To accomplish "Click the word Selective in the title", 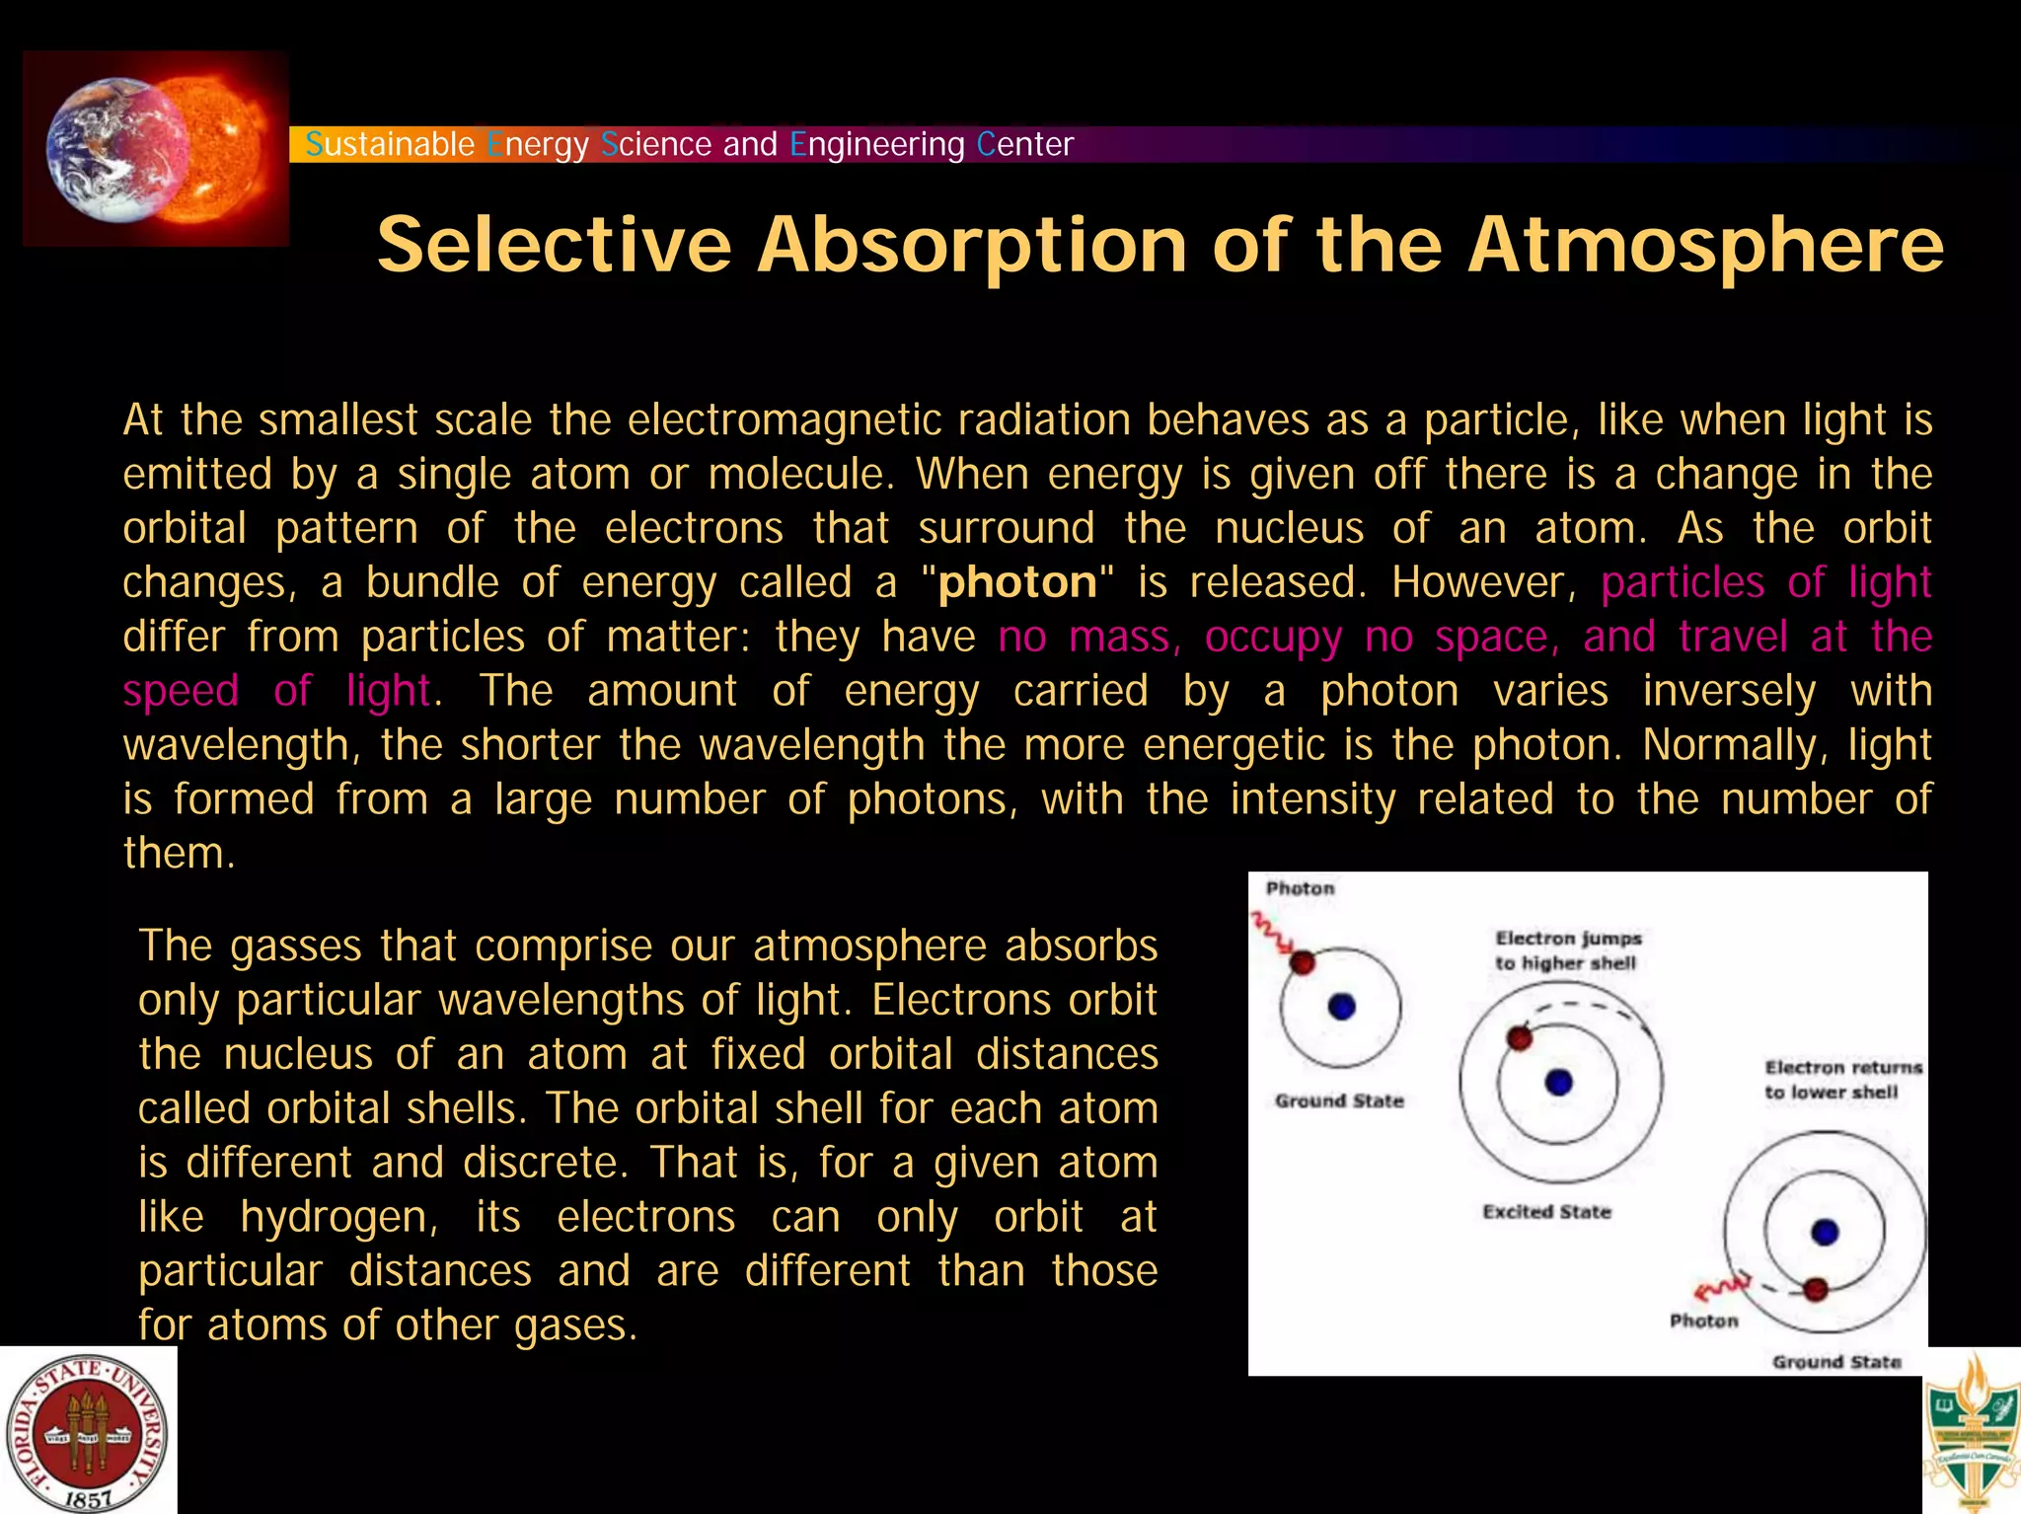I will point(554,245).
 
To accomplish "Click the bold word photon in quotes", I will point(1017,582).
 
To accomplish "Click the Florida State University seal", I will point(87,1432).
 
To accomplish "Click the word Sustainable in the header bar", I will point(390,144).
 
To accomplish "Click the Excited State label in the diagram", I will point(1546,1212).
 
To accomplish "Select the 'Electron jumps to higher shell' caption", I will point(1567,950).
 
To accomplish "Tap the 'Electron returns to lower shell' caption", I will point(1842,1080).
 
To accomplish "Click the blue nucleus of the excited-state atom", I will point(1559,1083).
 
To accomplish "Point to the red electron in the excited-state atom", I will point(1520,1037).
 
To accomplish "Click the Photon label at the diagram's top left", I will point(1300,888).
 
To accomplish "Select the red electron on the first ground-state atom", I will point(1303,961).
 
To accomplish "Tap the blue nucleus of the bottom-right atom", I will point(1826,1232).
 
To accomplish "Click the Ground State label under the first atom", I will point(1339,1100).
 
